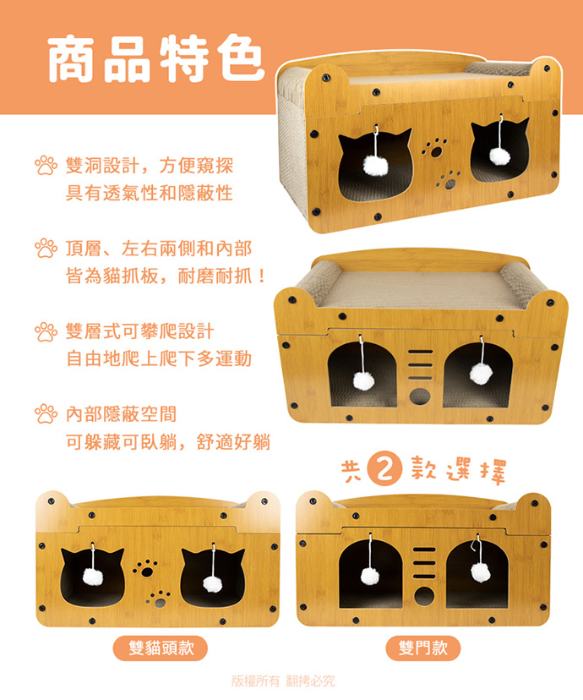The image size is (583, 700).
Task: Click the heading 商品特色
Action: pos(155,58)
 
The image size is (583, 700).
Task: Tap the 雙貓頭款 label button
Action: pos(161,648)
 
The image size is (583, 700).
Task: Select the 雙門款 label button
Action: pos(422,648)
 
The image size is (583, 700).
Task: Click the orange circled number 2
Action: pos(384,470)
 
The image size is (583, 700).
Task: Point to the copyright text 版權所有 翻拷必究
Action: pos(283,681)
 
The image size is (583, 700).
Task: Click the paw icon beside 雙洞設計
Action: pos(46,165)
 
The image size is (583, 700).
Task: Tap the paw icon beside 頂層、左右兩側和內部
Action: pos(46,249)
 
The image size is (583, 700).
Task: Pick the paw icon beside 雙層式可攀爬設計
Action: pos(46,331)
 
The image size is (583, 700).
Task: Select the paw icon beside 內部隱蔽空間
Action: pos(46,414)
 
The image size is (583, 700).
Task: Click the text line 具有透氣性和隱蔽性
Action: pos(150,194)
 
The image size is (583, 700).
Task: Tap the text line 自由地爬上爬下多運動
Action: pos(159,359)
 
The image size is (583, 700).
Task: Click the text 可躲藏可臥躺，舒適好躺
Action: pos(168,442)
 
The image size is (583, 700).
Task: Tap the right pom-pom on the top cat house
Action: pos(499,156)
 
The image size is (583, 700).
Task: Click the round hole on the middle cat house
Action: pos(420,396)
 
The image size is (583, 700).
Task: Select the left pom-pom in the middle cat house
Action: pos(364,380)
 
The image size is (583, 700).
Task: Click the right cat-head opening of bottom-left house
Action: pos(212,577)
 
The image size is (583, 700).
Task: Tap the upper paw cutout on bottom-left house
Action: pos(144,568)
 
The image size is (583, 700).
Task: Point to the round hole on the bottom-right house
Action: pos(424,596)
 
